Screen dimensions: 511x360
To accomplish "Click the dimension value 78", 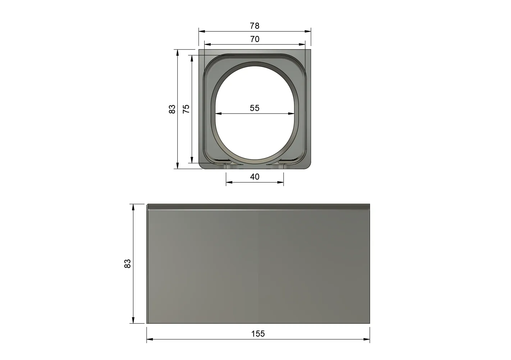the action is [255, 26].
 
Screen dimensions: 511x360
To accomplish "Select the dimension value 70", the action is [255, 39].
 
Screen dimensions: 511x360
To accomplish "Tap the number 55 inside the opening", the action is [255, 108].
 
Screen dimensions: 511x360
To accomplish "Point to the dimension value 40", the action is [255, 177].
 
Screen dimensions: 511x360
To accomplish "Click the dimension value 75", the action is [186, 109].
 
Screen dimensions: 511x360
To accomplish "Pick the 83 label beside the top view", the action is [172, 109].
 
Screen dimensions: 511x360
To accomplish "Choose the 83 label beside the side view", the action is [127, 264].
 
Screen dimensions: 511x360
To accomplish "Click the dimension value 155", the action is [258, 334].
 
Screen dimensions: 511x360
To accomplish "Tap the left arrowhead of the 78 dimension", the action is [202, 32].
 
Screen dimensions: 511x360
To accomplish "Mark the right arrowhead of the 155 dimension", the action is [366, 339].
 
